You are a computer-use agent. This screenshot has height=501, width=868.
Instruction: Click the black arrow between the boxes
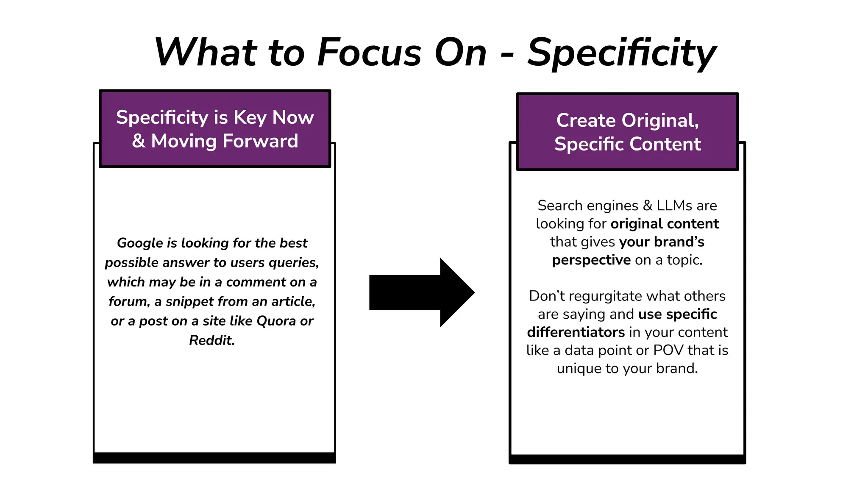point(422,292)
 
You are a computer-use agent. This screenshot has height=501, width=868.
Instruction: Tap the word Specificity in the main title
point(621,53)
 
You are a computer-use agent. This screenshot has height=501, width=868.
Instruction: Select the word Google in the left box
point(140,243)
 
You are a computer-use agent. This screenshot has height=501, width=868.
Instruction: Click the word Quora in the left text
point(276,321)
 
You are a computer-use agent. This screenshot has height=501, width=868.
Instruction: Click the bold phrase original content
point(664,224)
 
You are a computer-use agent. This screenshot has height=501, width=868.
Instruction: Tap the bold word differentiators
point(576,332)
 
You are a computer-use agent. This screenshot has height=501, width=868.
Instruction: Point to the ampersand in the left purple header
point(139,141)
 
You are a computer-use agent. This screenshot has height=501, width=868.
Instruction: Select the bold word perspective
point(591,260)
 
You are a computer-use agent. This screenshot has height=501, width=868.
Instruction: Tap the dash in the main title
point(507,55)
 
